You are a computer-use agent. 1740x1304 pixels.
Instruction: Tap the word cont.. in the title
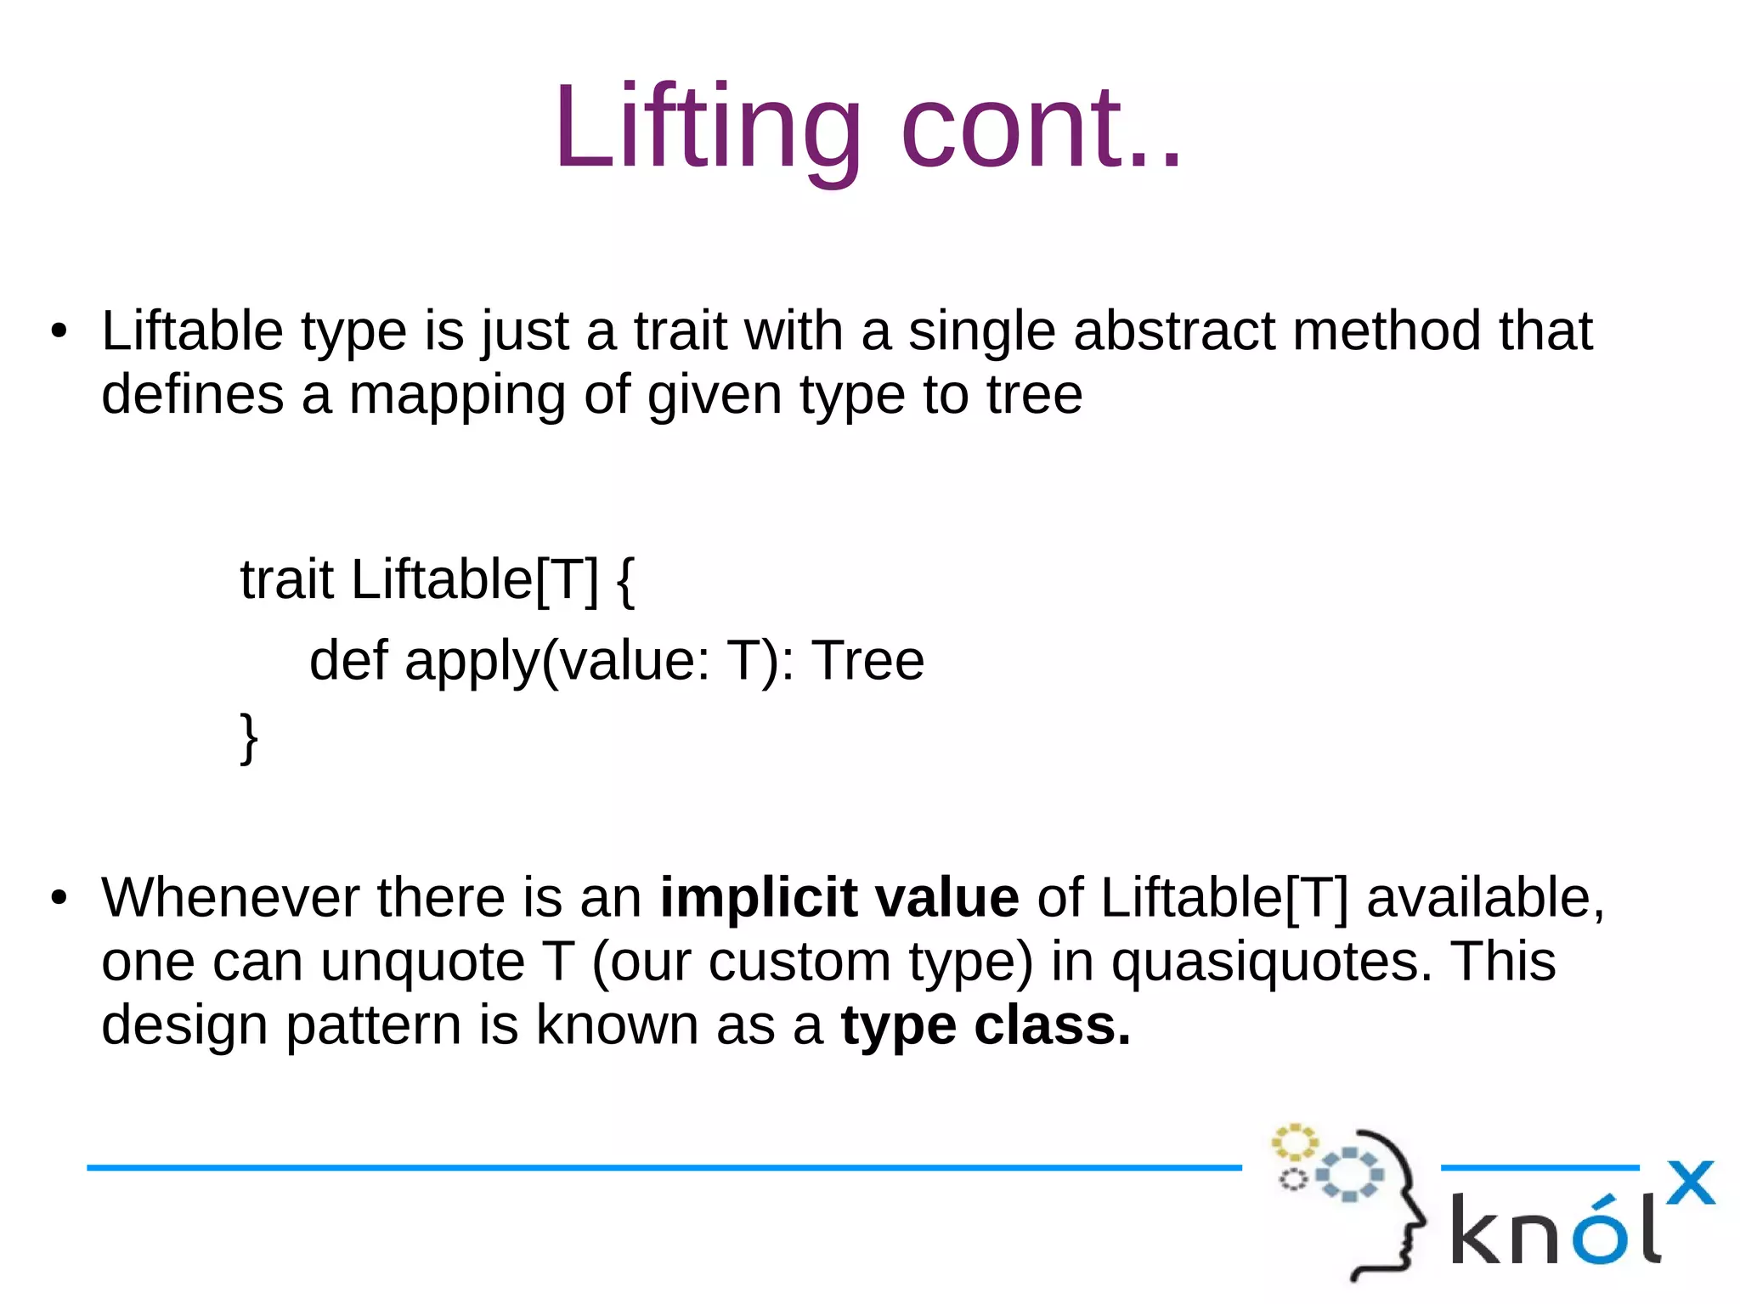1041,127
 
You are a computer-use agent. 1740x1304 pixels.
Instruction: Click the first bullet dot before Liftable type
58,332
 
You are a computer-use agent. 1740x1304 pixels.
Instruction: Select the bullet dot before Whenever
58,899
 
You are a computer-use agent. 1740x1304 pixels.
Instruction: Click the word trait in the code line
286,580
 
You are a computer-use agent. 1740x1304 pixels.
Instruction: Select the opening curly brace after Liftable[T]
624,580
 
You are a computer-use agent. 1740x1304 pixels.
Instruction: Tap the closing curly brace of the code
248,737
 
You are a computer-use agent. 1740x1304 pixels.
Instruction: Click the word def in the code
348,661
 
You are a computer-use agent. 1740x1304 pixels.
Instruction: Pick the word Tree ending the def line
867,661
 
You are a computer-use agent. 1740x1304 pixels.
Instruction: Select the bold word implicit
758,898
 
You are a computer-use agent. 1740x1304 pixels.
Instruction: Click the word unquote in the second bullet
422,962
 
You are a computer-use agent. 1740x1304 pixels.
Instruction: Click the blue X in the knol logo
1690,1183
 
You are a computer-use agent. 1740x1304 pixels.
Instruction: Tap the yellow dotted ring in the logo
1294,1143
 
